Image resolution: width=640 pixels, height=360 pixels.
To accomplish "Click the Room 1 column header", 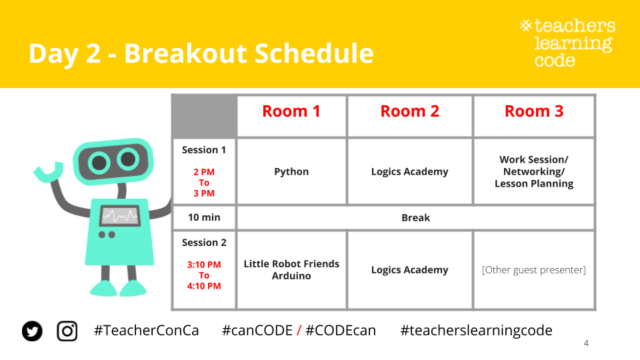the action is click(x=291, y=111).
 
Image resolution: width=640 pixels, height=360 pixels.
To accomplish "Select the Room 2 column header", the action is click(x=410, y=111).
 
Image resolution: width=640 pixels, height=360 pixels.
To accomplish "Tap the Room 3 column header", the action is click(x=534, y=111).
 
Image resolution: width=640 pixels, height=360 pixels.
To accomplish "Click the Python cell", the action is click(x=291, y=172).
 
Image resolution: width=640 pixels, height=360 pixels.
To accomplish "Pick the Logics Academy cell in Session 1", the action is click(x=410, y=172).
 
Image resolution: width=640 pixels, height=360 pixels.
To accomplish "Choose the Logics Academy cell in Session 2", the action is click(x=410, y=270).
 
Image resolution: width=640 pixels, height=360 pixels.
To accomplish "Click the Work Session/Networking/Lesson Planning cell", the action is click(x=534, y=172).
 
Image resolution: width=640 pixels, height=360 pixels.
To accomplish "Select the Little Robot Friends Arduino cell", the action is click(x=291, y=270).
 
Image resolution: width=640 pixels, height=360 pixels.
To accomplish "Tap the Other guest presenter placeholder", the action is click(x=534, y=270).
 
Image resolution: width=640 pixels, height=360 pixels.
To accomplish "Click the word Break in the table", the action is click(x=415, y=218).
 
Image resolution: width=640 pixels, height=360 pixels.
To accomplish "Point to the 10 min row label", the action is click(x=204, y=217).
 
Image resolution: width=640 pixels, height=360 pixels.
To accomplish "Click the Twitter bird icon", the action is click(x=32, y=331).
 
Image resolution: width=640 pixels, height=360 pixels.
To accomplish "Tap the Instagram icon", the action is click(x=67, y=331).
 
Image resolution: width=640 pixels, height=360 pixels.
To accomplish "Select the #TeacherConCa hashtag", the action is click(x=146, y=331).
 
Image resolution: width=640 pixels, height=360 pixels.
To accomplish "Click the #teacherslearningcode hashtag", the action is click(x=476, y=331).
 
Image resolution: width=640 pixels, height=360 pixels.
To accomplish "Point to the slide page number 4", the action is click(x=586, y=343).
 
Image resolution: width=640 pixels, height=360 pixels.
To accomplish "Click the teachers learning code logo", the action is click(x=568, y=43).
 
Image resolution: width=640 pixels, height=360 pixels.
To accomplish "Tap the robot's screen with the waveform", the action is click(x=120, y=216).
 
